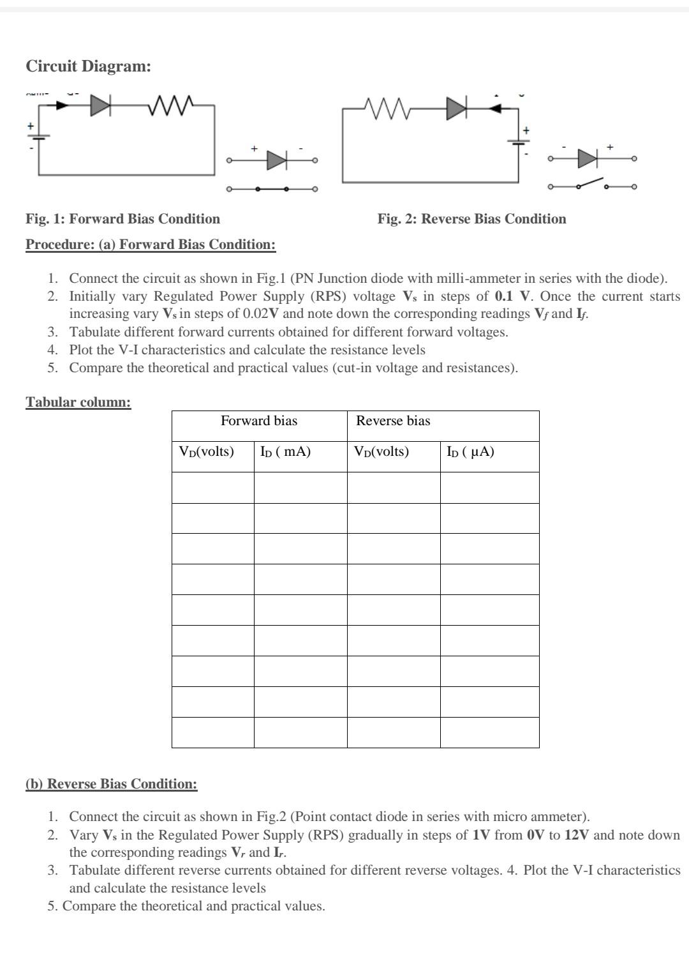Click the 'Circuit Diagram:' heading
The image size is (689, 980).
[x=88, y=66]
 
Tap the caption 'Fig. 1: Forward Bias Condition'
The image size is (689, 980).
[x=122, y=219]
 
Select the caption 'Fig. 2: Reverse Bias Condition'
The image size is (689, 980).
[x=471, y=219]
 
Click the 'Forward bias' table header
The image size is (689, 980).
[x=258, y=421]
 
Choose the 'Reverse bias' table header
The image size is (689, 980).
[x=393, y=421]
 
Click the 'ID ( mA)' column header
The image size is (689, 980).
[x=285, y=452]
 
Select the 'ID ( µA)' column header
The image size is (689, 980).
[x=470, y=452]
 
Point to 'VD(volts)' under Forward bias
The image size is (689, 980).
[x=206, y=452]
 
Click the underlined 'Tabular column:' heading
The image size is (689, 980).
[x=78, y=402]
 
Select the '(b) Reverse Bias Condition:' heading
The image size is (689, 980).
[x=111, y=784]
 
